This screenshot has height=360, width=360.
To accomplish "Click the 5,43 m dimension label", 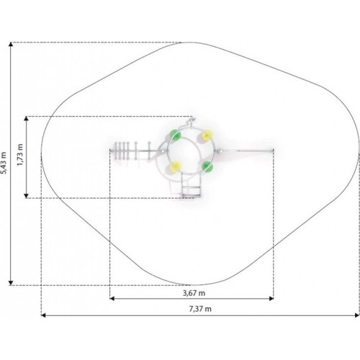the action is tap(4, 163).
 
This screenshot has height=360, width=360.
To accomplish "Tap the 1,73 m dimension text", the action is tap(20, 155).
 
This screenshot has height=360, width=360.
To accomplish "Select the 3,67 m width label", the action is tap(194, 293).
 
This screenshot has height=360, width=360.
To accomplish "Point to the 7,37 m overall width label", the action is tap(200, 309).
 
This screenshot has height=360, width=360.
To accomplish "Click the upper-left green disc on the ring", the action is tap(175, 135).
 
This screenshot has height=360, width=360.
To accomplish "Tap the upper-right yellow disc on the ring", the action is tap(207, 135).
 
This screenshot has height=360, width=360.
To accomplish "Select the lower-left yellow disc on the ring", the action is tap(175, 166).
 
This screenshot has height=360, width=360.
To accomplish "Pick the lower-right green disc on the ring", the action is tap(207, 166).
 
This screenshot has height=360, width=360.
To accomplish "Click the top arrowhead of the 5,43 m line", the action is tap(11, 44).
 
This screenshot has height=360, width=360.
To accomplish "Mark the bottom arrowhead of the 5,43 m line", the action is tap(11, 283).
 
